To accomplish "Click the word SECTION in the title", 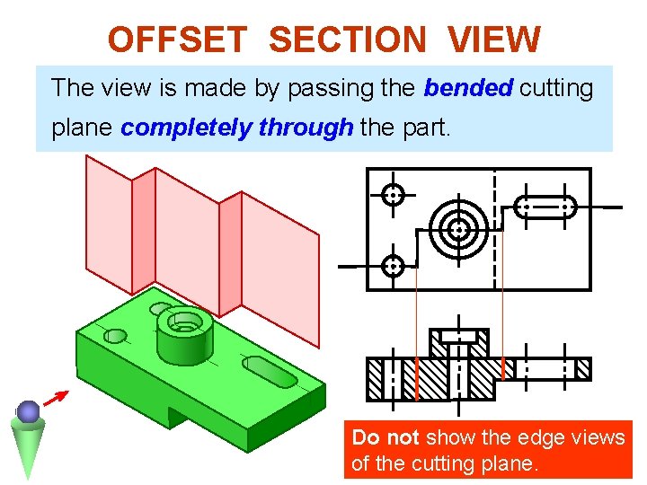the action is point(348,39).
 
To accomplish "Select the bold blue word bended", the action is point(467,88).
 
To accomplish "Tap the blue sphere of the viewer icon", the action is point(29,411).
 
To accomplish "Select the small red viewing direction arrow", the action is point(57,398).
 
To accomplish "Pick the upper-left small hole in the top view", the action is point(393,194).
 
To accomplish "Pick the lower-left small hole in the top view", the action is point(393,265).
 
